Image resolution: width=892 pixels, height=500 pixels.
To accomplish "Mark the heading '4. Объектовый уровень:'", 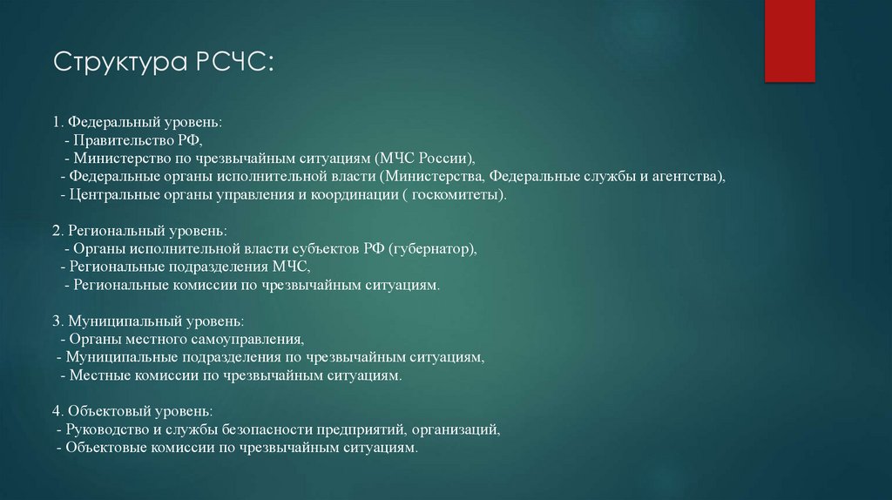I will (x=132, y=411).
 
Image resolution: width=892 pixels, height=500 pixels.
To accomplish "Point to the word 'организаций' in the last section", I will (x=456, y=430).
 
